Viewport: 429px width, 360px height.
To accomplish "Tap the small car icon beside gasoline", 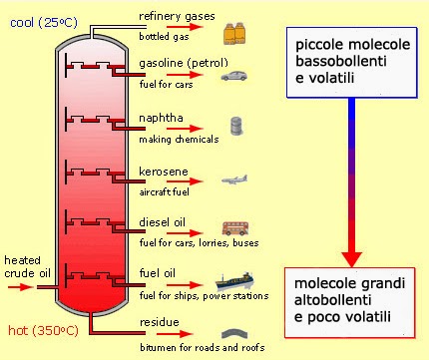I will pos(235,76).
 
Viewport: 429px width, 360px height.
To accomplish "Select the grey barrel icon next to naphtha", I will pos(236,128).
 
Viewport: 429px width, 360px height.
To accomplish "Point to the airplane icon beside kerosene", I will pos(236,181).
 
